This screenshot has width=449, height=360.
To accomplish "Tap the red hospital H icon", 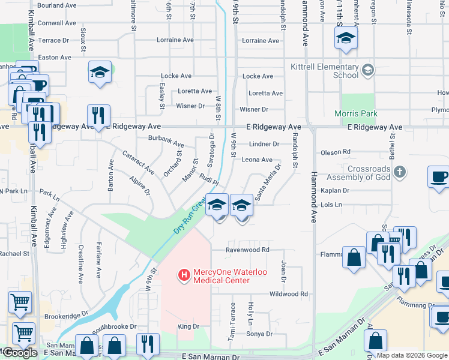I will pos(184,276).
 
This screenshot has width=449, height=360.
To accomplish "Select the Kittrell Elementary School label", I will pos(324,71).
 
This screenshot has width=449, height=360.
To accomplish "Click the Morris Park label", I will pos(357,113).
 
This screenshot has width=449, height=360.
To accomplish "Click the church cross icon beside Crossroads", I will pos(400,173).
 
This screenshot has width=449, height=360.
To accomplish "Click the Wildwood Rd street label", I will pos(288,294).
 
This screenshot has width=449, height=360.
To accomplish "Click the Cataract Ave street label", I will pos(139,162).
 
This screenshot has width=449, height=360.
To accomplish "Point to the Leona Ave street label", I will pos(257,160).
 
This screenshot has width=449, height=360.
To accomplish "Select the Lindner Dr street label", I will pos(264,144).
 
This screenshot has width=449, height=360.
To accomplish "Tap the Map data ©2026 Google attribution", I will pos(412,355).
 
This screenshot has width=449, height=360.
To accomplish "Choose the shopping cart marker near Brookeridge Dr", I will pos(20,302).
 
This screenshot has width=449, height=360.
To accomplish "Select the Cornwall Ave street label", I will pos(56,23).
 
